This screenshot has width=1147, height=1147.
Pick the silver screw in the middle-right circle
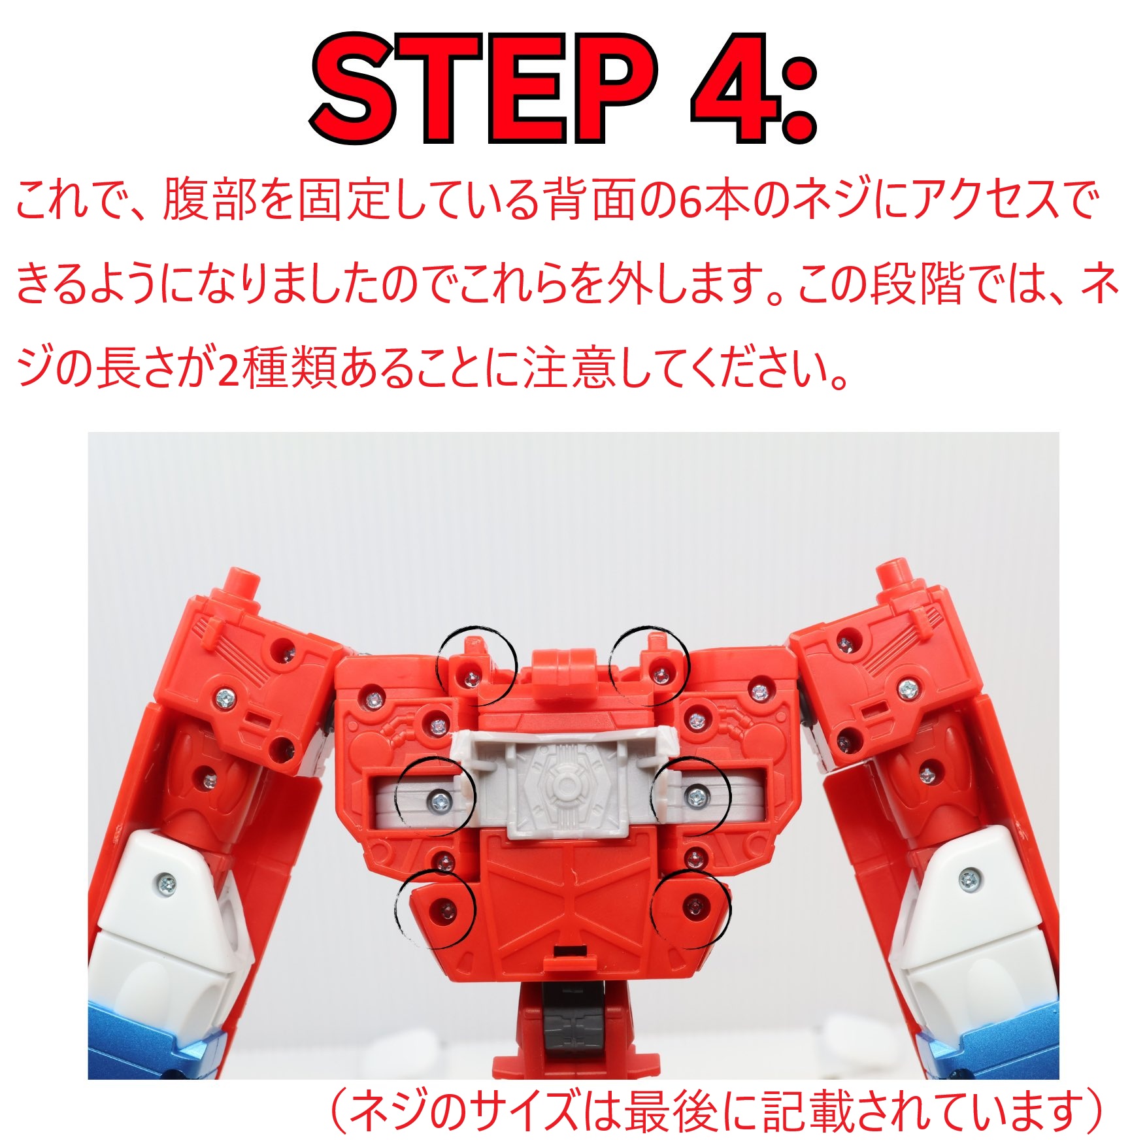(695, 796)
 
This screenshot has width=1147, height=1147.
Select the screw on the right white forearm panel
(970, 880)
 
